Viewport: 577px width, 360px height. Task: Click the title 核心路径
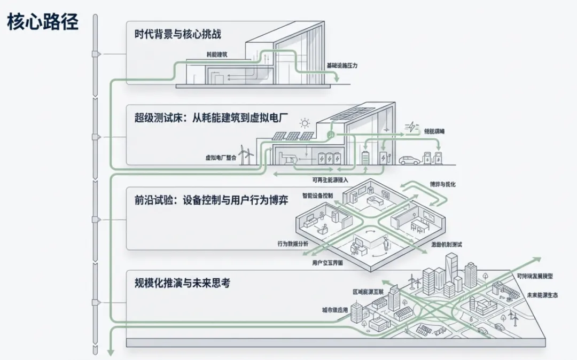coord(43,22)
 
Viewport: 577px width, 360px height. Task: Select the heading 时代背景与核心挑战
coord(178,35)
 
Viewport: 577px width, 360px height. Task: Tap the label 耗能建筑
coord(217,54)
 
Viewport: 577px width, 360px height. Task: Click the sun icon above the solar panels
coord(305,123)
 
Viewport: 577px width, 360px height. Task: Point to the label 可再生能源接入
coord(331,180)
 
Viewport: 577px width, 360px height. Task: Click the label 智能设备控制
coord(317,195)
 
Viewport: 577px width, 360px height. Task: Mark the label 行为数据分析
coord(293,244)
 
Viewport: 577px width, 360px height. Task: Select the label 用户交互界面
coord(328,263)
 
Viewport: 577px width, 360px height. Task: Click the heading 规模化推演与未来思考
coord(182,284)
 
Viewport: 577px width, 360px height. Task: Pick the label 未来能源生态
coord(542,295)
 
